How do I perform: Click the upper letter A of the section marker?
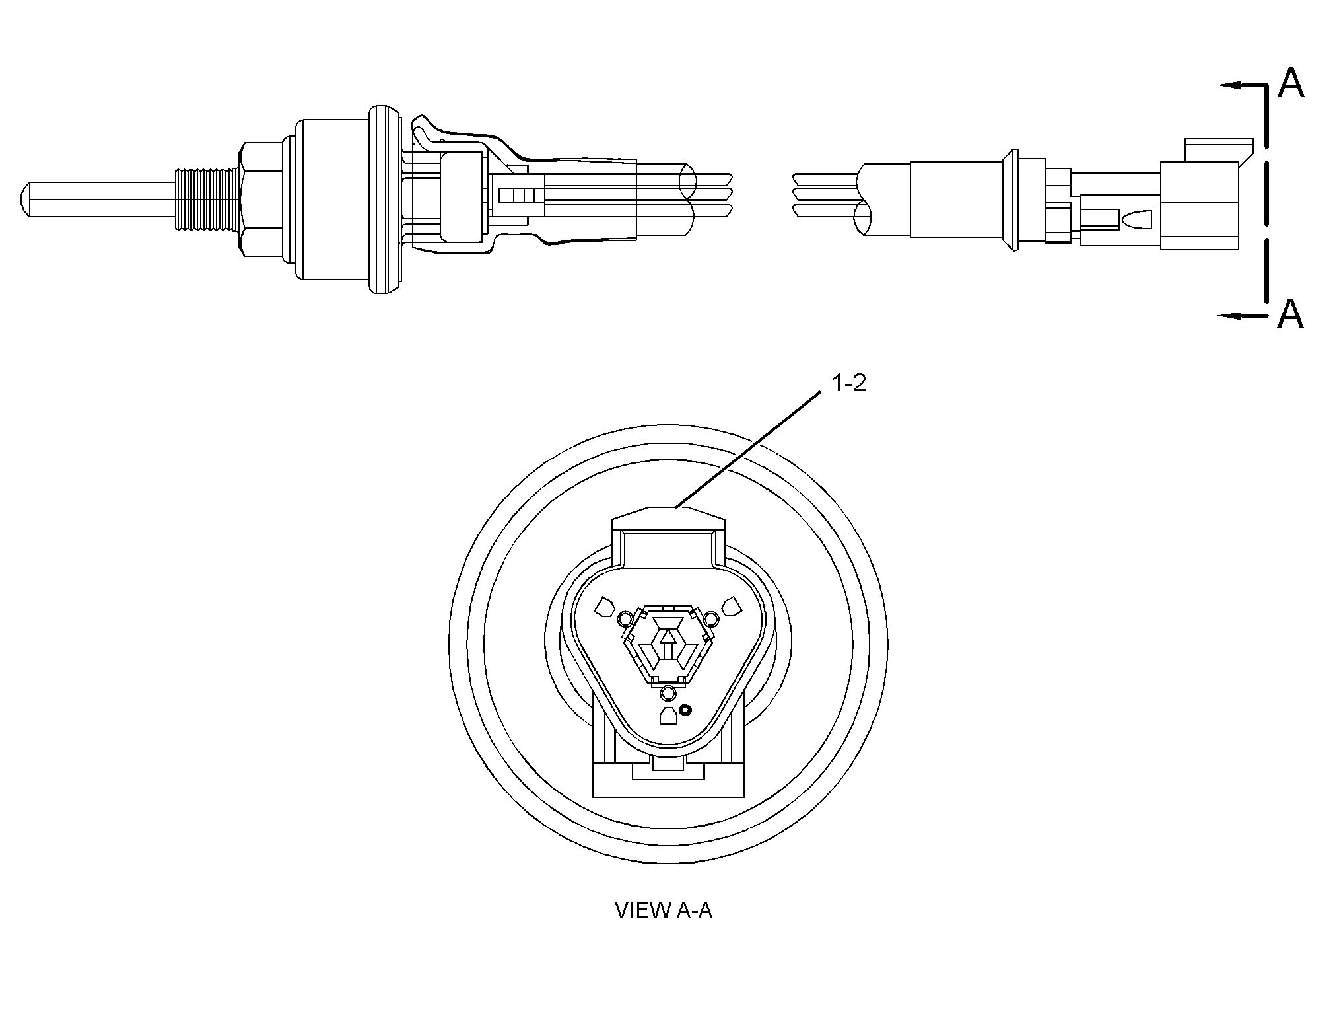pos(1290,83)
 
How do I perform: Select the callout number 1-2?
pos(848,384)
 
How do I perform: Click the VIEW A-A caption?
pos(664,910)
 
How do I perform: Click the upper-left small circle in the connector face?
pos(624,618)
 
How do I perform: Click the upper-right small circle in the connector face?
pos(711,618)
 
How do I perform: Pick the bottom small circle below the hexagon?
pos(668,693)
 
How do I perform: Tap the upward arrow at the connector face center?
pos(668,641)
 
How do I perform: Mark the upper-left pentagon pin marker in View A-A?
pos(605,606)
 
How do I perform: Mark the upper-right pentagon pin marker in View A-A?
pos(731,606)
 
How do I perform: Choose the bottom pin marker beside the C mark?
pos(668,716)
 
